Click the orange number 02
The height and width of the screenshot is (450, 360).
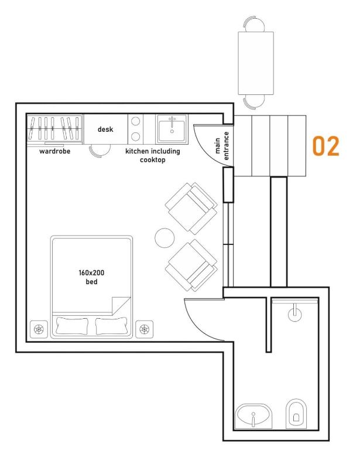[325, 146]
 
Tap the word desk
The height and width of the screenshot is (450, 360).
[105, 129]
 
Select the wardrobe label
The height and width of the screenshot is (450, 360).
[55, 151]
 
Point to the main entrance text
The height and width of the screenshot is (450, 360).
[222, 146]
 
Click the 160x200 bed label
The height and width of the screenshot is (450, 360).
[91, 277]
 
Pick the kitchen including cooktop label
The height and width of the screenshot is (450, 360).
[153, 155]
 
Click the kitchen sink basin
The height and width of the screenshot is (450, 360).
[172, 129]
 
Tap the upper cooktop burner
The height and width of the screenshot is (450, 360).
[136, 121]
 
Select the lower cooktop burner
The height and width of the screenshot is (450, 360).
[136, 136]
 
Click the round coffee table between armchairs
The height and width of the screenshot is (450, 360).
[164, 238]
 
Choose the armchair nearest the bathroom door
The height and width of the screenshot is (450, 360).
[191, 265]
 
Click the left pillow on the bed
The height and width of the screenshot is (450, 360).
[72, 326]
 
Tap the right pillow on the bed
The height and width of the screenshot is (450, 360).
[111, 326]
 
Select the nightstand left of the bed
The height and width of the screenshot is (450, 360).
[39, 329]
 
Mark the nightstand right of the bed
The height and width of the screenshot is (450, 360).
[144, 329]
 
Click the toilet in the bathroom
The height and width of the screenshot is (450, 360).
[296, 413]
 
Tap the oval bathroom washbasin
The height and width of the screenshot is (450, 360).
[253, 415]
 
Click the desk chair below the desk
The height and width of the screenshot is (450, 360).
[100, 150]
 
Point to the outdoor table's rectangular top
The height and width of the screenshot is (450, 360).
[256, 63]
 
